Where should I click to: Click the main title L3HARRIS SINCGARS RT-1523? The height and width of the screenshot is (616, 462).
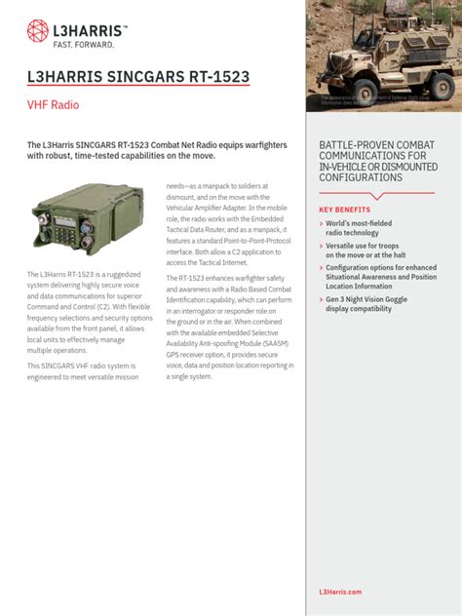138,76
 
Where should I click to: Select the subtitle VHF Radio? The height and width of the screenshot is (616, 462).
53,104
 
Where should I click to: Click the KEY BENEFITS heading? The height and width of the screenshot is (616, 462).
345,210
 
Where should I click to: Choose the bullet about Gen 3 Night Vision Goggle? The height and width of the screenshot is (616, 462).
371,304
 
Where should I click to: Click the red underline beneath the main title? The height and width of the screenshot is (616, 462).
138,89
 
